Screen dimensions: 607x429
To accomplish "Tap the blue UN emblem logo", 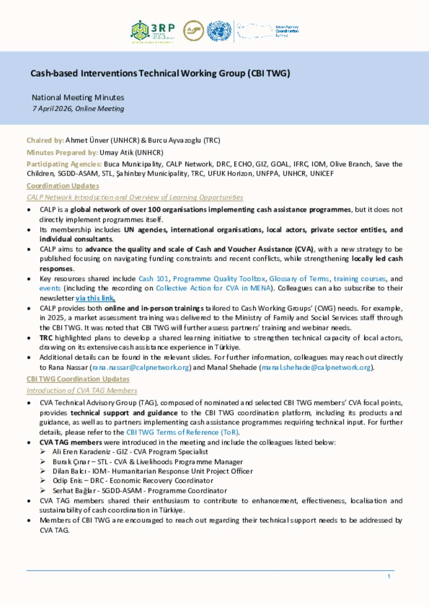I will pos(219,31).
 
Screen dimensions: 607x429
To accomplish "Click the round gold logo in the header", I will pos(194,31).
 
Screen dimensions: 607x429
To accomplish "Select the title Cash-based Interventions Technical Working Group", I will pos(160,73).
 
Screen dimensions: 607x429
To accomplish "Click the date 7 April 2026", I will pos(52,108).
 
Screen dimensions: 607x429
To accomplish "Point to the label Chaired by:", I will pos(45,140).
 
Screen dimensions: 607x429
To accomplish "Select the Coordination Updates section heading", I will pos(63,186).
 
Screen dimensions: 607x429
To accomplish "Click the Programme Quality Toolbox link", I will pos(219,279).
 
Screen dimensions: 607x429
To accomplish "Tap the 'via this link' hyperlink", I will pos(95,298).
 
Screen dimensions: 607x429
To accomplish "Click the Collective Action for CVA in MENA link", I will pos(213,288).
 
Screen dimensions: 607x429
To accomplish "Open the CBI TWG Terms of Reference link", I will pos(182,432).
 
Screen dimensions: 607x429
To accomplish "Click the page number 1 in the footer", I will pos(389,576).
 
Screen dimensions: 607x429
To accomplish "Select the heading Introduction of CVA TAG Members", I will pos(82,390).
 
